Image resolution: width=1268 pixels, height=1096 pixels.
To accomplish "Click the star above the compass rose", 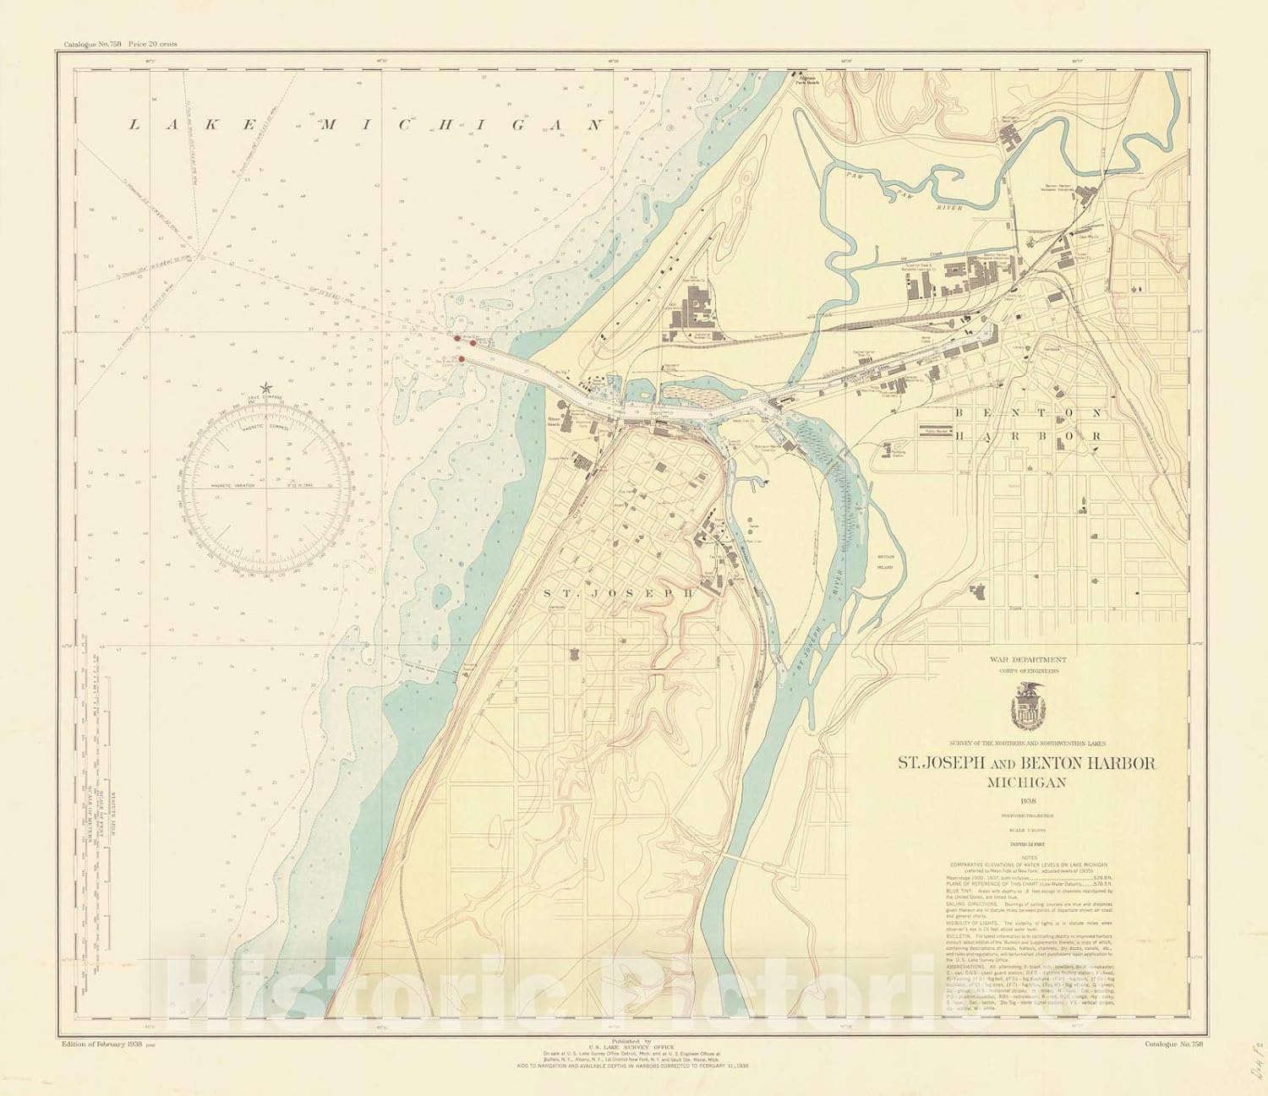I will coord(267,386).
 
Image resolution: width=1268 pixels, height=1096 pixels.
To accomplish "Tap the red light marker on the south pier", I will coord(461,359).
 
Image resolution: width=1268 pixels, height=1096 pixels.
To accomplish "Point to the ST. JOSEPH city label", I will coord(619,593).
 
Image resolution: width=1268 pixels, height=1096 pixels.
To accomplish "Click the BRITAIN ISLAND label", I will coord(884,571).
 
